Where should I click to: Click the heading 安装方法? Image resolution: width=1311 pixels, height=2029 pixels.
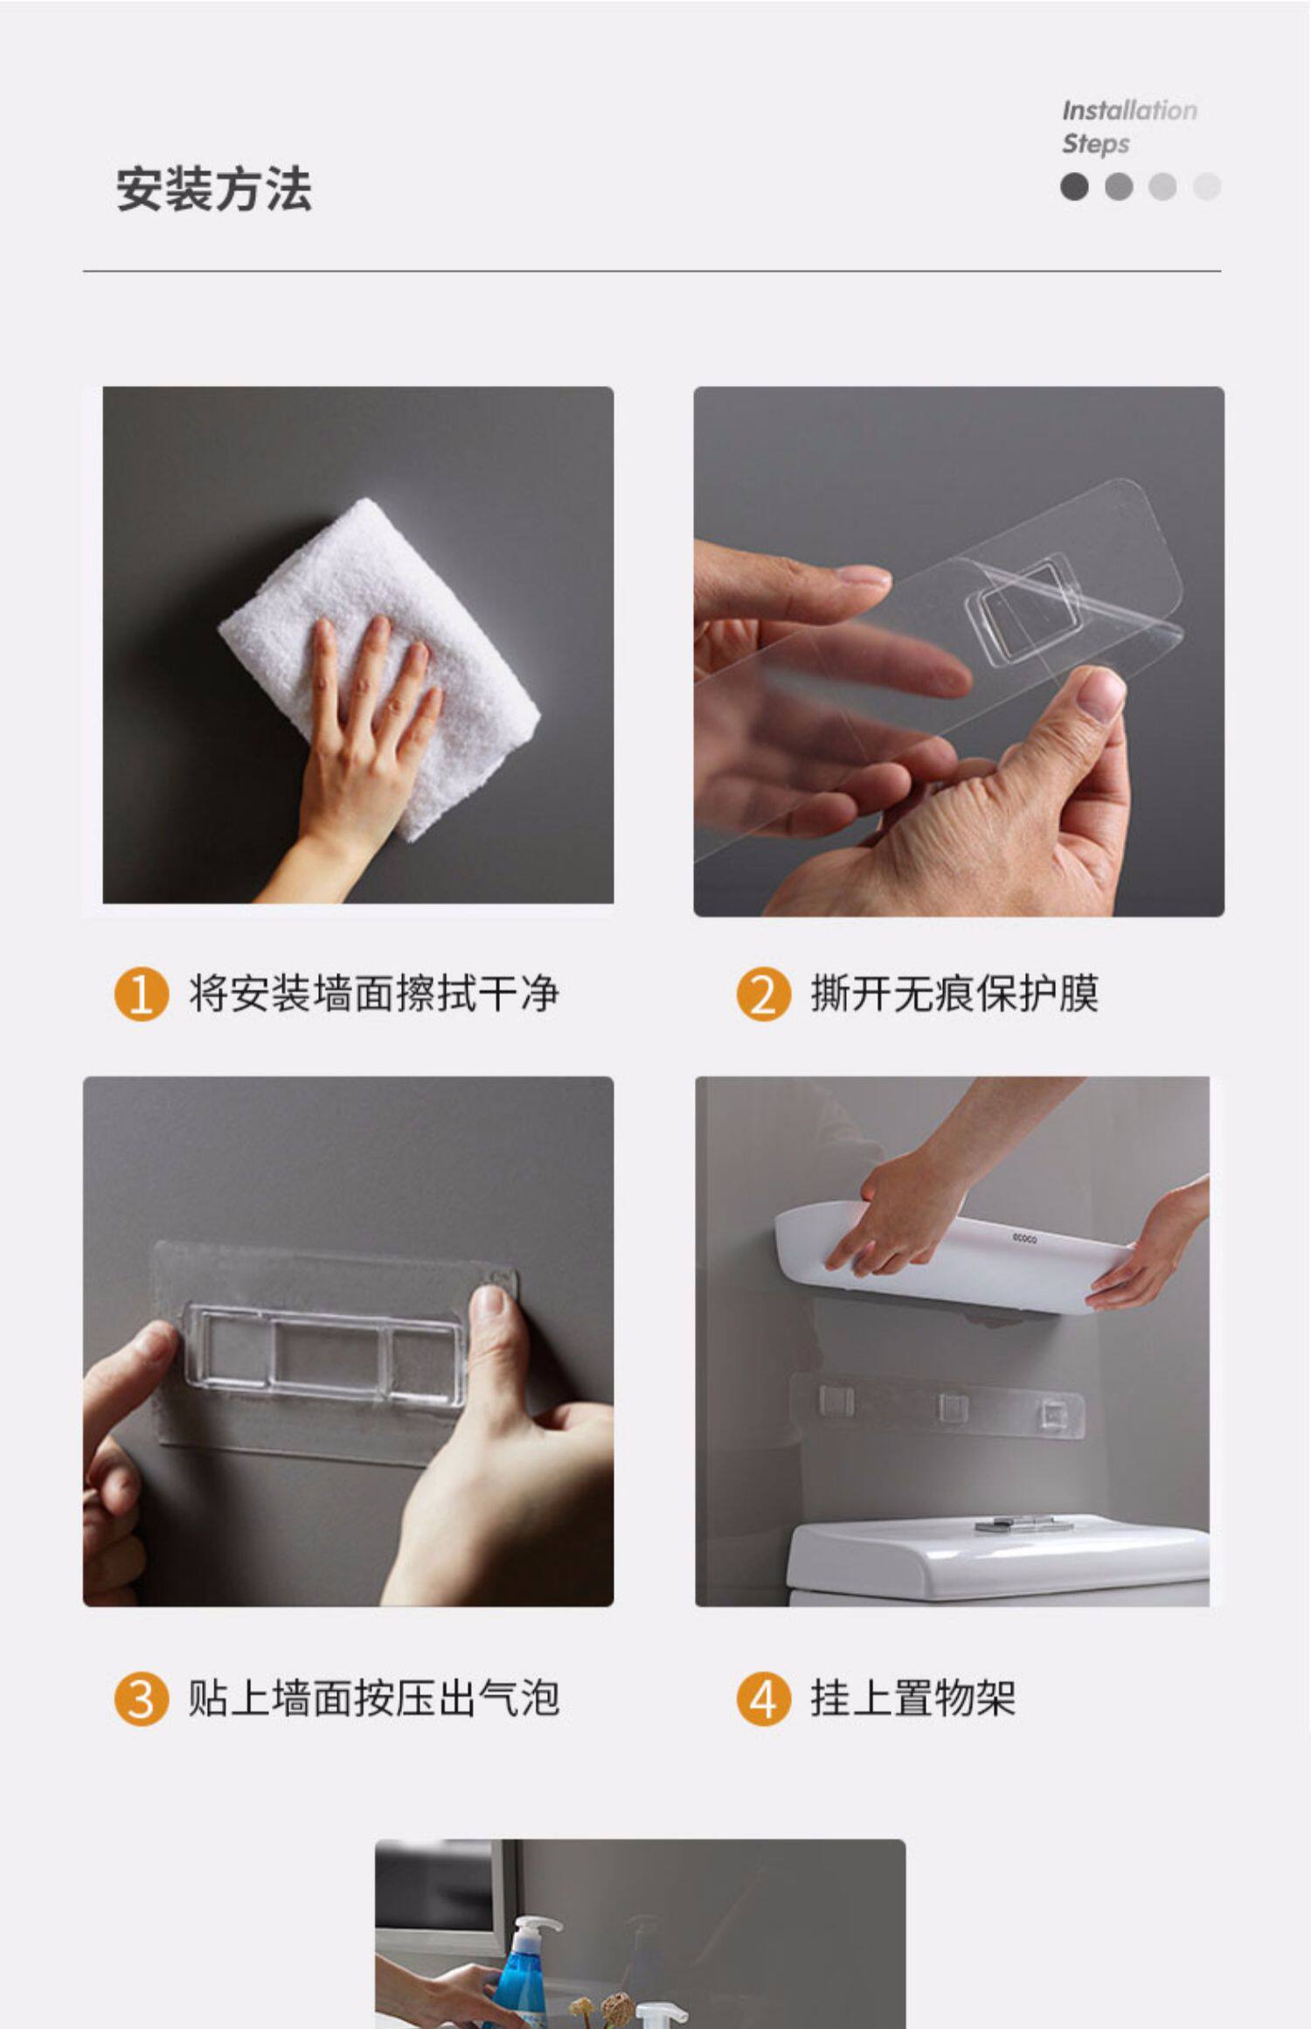point(214,189)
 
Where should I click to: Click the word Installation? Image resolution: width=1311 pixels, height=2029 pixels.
point(1129,111)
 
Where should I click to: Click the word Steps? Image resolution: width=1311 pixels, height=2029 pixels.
point(1095,143)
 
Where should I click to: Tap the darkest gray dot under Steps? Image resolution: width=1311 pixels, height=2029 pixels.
point(1074,186)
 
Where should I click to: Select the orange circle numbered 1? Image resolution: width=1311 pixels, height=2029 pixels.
point(141,994)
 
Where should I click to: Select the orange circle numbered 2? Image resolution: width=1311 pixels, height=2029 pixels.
point(763,994)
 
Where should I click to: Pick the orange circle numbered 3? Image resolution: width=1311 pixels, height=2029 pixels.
point(141,1699)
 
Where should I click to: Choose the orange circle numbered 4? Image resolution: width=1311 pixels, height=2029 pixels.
point(763,1699)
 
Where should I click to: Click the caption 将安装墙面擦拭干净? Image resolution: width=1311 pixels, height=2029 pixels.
point(374,994)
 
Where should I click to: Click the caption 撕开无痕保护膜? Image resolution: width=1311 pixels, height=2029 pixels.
point(954,994)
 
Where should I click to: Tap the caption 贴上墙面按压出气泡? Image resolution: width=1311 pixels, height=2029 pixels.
point(374,1699)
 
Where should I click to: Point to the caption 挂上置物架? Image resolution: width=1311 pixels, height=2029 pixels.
point(913,1699)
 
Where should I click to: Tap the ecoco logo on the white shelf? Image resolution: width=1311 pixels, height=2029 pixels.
point(1024,1238)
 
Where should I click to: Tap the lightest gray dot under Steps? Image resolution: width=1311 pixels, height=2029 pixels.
point(1206,186)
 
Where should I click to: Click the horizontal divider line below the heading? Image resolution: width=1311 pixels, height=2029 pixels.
point(652,272)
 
